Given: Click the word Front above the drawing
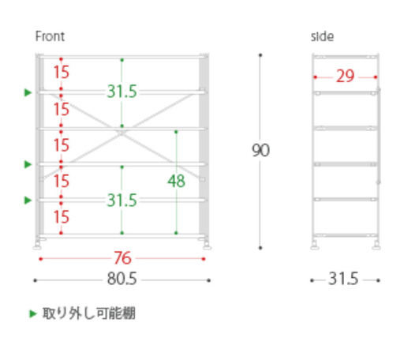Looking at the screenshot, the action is tap(50, 36).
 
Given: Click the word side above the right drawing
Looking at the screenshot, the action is tap(322, 36).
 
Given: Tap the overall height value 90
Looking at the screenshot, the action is tap(260, 150).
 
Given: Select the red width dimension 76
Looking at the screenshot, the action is tap(122, 258).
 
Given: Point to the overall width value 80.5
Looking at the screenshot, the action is tap(122, 279).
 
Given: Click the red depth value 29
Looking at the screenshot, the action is tap(345, 77).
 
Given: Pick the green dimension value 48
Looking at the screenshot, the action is tap(176, 181).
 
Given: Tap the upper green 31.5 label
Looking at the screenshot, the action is tap(122, 92).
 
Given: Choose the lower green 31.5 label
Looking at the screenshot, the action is tap(122, 201).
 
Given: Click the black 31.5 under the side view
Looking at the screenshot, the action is tap(343, 279).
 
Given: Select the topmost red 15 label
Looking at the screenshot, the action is tap(62, 72).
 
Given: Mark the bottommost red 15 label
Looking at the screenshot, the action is tap(62, 217).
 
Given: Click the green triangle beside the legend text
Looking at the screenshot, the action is tap(32, 313).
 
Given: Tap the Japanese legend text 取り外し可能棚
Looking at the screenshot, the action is tap(89, 313).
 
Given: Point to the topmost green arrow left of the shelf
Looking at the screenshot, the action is tap(28, 92).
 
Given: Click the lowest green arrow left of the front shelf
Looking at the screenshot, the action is tap(28, 201).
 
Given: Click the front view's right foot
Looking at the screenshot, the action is tap(207, 245).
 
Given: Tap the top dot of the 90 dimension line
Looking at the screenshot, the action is tap(260, 55).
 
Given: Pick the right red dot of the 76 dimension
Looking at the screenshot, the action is tap(204, 259).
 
